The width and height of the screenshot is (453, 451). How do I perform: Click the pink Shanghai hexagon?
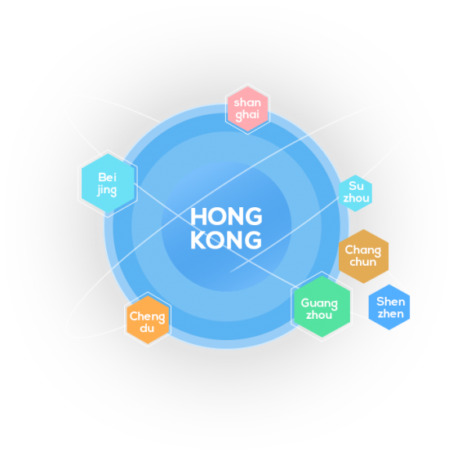247,109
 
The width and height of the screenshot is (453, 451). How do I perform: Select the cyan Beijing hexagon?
108,183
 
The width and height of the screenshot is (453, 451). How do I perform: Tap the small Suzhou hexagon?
355,192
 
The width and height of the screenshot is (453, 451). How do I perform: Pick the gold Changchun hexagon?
363,256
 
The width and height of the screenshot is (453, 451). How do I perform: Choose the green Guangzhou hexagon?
322,307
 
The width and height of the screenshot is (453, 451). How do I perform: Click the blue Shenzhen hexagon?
389,307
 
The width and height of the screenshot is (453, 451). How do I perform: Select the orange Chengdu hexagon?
148,320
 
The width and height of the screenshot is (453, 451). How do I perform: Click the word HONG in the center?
226,217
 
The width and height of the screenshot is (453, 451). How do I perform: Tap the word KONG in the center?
226,240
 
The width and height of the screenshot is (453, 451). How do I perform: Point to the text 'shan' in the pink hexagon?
247,103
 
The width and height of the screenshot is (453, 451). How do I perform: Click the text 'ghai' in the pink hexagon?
247,115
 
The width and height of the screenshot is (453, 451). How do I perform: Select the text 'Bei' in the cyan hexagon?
107,177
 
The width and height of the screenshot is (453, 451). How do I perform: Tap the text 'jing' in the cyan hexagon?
107,190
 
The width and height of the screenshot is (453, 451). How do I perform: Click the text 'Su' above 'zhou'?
356,186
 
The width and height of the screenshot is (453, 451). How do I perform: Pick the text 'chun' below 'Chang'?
363,262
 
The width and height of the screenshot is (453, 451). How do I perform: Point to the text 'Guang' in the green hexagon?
319,303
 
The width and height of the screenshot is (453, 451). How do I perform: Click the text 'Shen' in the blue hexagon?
391,302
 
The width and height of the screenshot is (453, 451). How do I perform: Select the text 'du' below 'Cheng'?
147,329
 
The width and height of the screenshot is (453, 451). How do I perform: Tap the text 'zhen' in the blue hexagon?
391,314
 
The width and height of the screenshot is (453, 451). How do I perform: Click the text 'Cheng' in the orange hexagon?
148,316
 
